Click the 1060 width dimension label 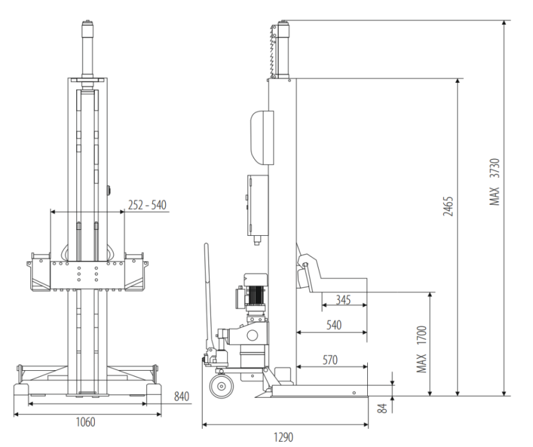[85, 422]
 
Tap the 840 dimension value [181, 397]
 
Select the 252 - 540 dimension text [147, 205]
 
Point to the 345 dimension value [343, 300]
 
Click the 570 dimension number [330, 360]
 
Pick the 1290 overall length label [283, 437]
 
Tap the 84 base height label [383, 408]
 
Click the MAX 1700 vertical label [421, 349]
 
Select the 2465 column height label [448, 206]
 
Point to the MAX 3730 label [494, 182]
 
